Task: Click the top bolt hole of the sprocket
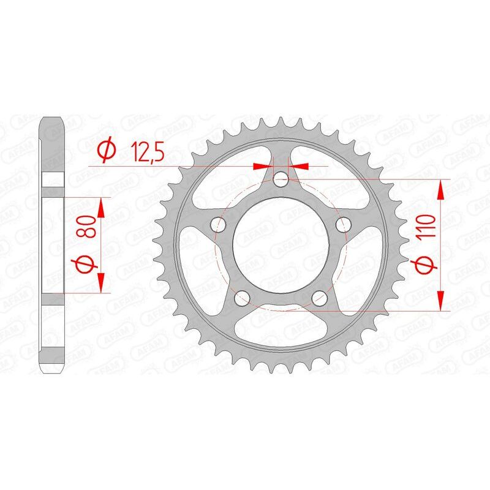(281, 179)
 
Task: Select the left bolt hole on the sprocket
(216, 225)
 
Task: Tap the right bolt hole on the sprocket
(345, 225)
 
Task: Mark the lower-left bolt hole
(241, 298)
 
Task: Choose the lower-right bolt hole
(320, 298)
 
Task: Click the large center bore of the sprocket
(281, 245)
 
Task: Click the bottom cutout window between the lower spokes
(281, 331)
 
